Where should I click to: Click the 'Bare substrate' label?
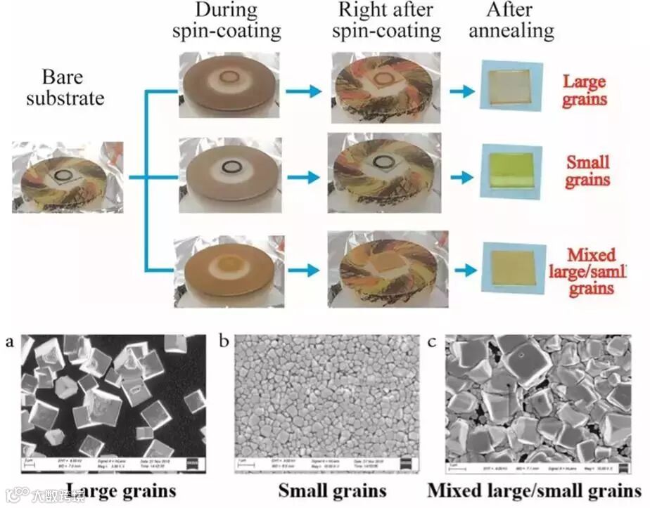pos(64,86)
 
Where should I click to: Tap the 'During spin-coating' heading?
pos(227,21)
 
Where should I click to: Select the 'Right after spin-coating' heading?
pos(386,21)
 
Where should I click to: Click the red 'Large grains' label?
pos(584,90)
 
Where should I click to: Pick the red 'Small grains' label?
pos(587,171)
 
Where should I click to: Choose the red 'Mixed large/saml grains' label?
pos(590,271)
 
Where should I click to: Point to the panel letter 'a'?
pos(9,342)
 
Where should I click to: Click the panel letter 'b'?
pos(224,342)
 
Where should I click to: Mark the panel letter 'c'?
pos(433,342)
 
